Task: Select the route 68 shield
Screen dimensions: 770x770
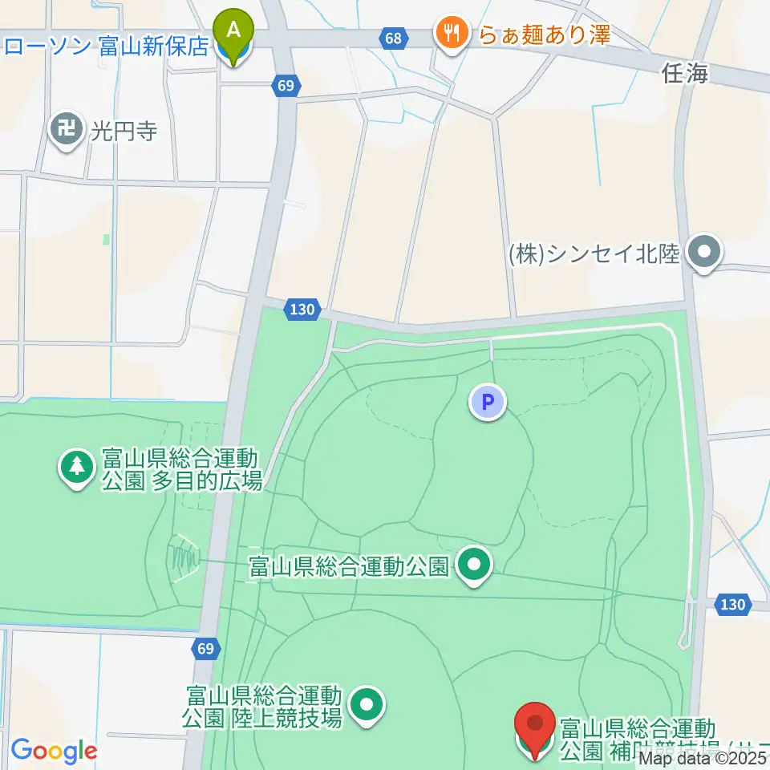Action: pos(392,38)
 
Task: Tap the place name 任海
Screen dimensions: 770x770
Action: pos(686,75)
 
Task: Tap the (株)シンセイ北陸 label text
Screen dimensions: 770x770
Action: pos(594,254)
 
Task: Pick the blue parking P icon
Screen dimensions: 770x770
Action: pos(488,401)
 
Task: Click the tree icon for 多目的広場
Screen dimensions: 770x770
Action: pos(77,467)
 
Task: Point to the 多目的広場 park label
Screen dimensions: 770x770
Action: pos(180,470)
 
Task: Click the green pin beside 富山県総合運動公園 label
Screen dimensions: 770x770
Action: pos(474,565)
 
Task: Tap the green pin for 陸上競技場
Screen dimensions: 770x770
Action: pos(368,705)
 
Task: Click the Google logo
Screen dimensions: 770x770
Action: pos(54,751)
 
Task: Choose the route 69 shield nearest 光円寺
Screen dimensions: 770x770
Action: pos(287,85)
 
